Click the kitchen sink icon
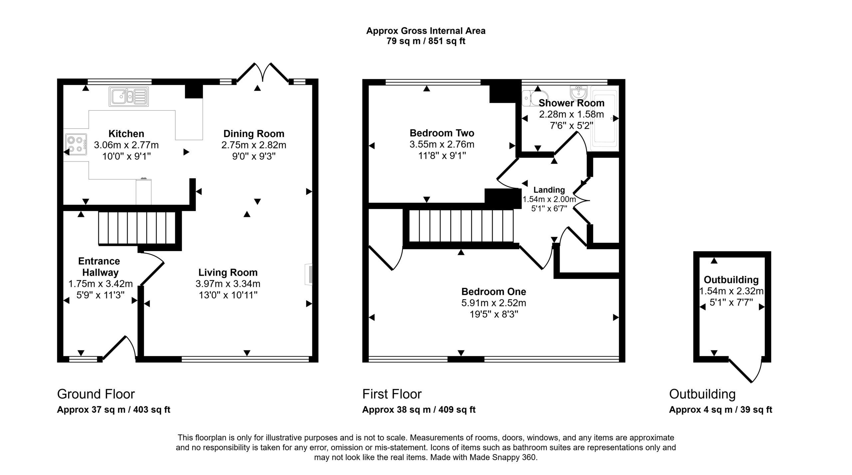(129, 97)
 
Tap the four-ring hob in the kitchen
(76, 145)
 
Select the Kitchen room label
(126, 134)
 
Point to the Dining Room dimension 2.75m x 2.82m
(254, 145)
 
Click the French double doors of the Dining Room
(263, 72)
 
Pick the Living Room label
(228, 272)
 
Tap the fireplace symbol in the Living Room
(309, 275)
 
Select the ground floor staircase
(137, 228)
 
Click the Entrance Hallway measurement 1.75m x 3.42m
(101, 284)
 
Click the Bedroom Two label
(442, 133)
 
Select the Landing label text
(549, 190)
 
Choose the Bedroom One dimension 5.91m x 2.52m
(494, 303)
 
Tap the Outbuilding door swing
(745, 370)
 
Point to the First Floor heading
(392, 394)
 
